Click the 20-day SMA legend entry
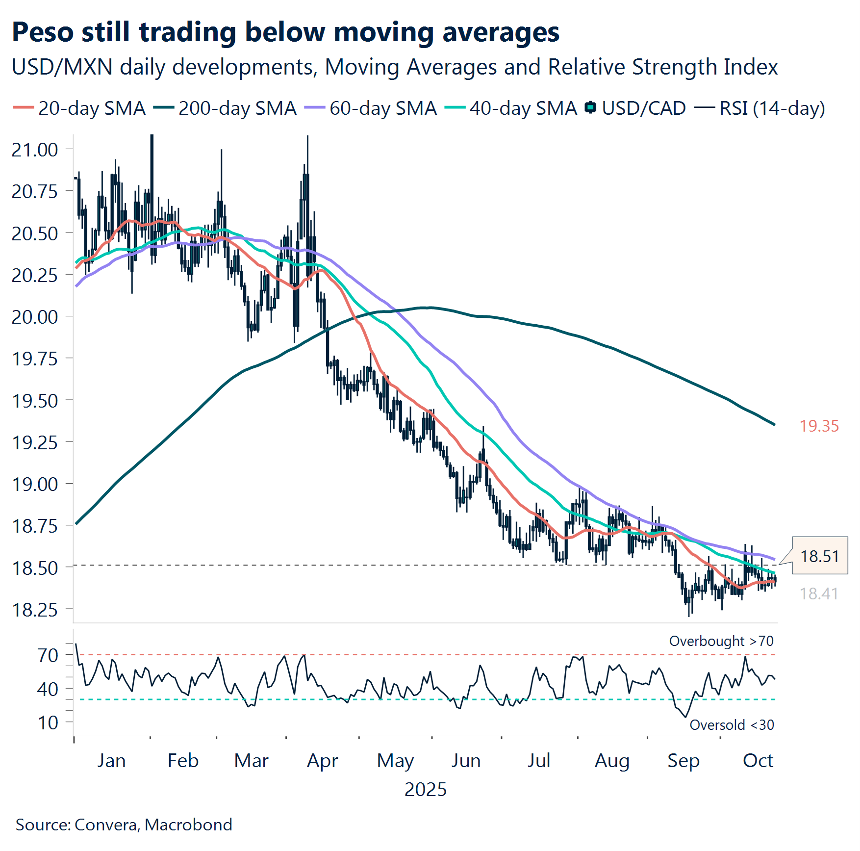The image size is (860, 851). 79,108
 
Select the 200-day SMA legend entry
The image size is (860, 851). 225,108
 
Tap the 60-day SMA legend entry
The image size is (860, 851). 371,108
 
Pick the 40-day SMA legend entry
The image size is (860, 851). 511,108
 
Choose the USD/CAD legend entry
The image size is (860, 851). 636,108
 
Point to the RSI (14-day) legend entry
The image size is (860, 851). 760,108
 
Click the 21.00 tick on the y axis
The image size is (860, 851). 35,150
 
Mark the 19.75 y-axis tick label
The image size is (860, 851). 35,359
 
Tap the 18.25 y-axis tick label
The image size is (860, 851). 35,610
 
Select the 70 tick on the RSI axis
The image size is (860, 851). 48,655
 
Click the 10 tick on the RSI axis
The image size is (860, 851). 48,722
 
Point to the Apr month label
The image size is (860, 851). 322,761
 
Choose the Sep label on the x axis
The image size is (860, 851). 683,761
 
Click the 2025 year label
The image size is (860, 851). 426,790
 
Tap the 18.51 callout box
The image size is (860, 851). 819,556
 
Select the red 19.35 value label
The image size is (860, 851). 819,426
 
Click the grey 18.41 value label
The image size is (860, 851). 819,594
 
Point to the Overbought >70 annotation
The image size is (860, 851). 721,641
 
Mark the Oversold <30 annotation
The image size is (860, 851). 732,725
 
